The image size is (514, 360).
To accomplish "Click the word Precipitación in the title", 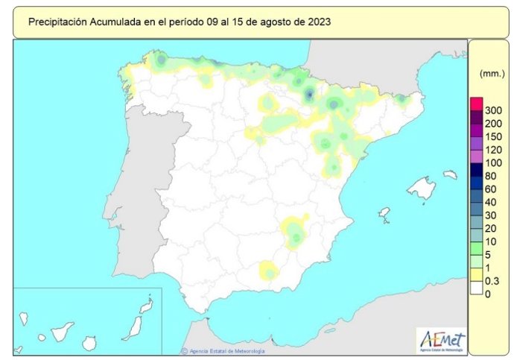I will click(x=59, y=22).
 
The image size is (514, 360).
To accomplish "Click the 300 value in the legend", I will click(x=492, y=111).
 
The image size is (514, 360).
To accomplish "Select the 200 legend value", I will click(x=492, y=124).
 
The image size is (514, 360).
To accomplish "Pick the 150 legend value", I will click(x=492, y=137).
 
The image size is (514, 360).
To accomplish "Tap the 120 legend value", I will click(x=492, y=150).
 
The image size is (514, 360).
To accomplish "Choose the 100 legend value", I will click(x=492, y=163).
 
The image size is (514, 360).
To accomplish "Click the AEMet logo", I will click(x=442, y=339).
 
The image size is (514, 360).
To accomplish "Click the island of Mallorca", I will click(x=422, y=189).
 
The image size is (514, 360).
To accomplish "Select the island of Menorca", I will click(x=450, y=175).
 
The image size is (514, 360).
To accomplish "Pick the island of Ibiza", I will click(x=384, y=214).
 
